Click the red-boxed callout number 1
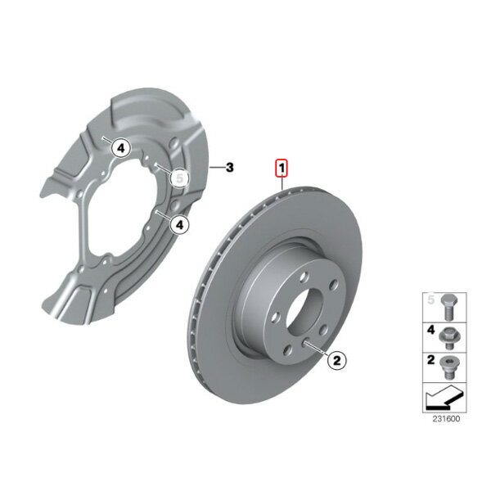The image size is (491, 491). pos(282,169)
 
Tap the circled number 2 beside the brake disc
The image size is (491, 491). pos(336,360)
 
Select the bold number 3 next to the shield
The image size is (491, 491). pos(230,168)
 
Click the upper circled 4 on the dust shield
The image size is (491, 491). pos(121,148)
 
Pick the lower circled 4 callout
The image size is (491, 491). pos(179,224)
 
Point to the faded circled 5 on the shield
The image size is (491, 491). pos(179,178)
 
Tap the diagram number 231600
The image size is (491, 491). pos(446,419)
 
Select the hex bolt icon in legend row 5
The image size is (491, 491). pos(448,307)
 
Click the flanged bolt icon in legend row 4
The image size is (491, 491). pos(449,338)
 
